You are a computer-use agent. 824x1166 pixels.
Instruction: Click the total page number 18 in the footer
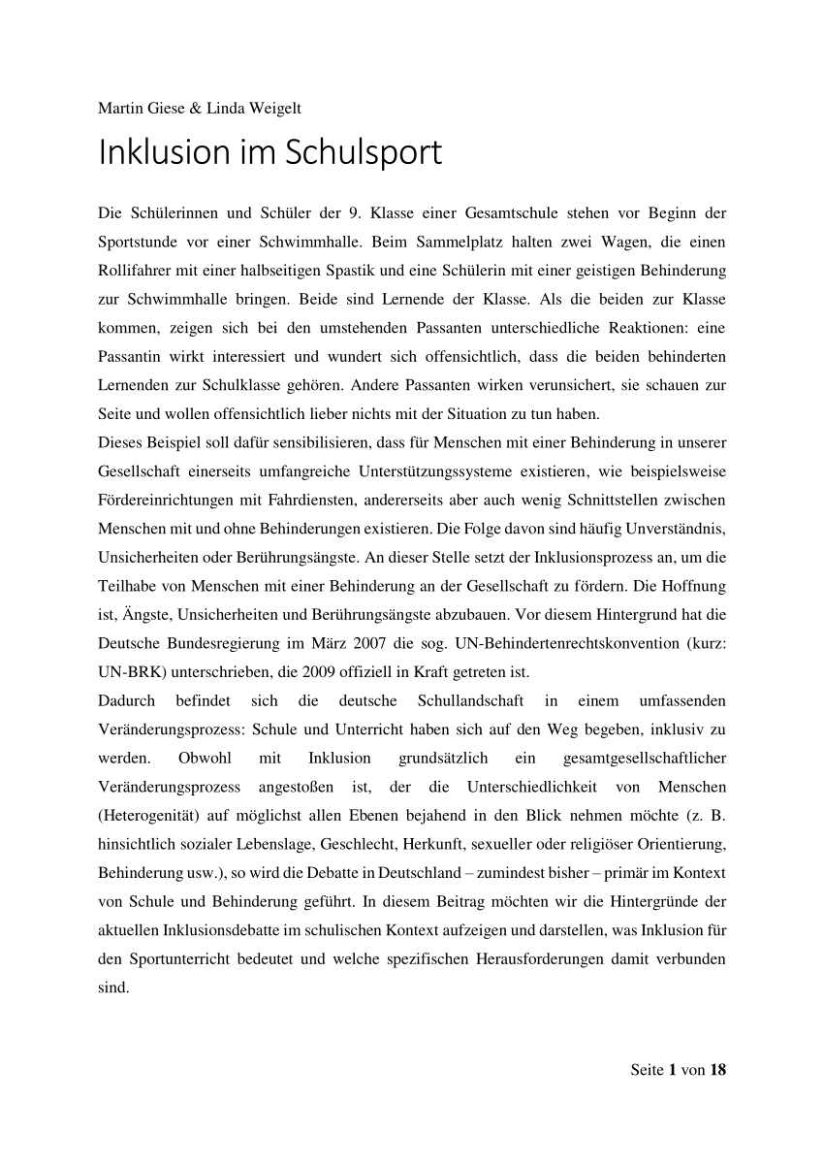[x=717, y=1071]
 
